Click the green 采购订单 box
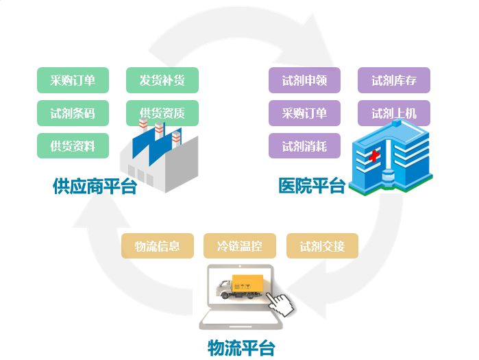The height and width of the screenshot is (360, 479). pyautogui.click(x=73, y=80)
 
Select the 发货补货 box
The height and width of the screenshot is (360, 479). pyautogui.click(x=162, y=80)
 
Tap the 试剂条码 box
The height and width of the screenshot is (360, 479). pyautogui.click(x=73, y=113)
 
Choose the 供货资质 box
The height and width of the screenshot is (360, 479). pyautogui.click(x=162, y=113)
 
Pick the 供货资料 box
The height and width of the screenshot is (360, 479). pyautogui.click(x=73, y=146)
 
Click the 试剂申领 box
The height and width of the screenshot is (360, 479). pyautogui.click(x=304, y=80)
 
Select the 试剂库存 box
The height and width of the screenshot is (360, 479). pyautogui.click(x=394, y=80)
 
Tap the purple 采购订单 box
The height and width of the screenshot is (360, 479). pyautogui.click(x=304, y=113)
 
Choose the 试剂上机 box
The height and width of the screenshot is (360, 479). pyautogui.click(x=394, y=113)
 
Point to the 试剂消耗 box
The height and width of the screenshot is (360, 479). pyautogui.click(x=304, y=146)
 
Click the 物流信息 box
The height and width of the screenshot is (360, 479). pyautogui.click(x=157, y=246)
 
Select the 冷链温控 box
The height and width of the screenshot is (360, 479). pyautogui.click(x=239, y=246)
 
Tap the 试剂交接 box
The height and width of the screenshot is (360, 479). pyautogui.click(x=322, y=246)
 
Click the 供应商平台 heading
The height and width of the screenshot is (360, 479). pyautogui.click(x=95, y=187)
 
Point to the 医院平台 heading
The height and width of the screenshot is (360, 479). pyautogui.click(x=311, y=186)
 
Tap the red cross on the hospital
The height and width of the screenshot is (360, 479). pyautogui.click(x=374, y=157)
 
